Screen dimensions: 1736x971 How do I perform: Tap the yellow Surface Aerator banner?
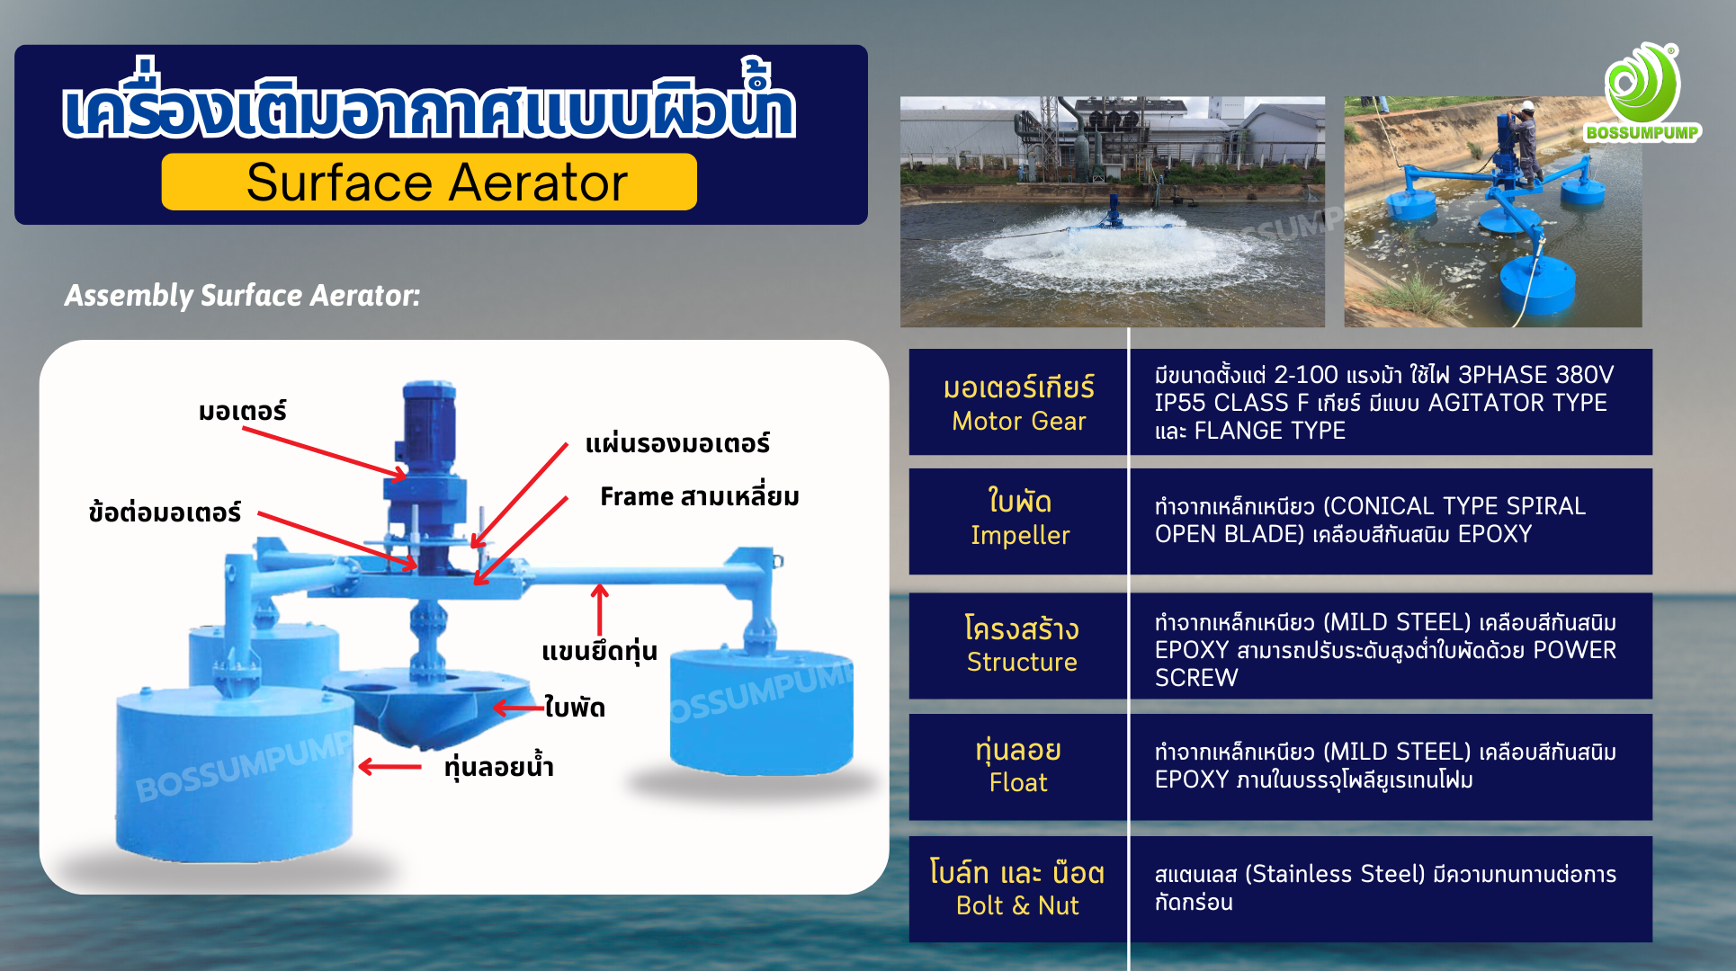pos(429,182)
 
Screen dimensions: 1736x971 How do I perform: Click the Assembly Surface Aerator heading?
pos(242,295)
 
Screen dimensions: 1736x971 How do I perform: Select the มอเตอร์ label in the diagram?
pos(243,411)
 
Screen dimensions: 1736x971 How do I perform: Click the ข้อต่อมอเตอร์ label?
pos(165,512)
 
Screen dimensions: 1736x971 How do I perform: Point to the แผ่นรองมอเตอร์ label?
pos(677,442)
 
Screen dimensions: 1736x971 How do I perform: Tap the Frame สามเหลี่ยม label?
pos(700,495)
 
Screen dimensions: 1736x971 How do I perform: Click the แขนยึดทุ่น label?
pos(599,650)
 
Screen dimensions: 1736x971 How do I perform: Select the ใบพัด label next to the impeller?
pos(575,707)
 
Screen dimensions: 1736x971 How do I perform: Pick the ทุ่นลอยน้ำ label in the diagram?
pos(499,766)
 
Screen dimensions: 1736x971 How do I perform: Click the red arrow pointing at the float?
pos(389,767)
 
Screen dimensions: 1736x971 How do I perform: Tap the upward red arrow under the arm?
pos(600,610)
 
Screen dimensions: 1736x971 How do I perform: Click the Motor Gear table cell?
pos(1018,402)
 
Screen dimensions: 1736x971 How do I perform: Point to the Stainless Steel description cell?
pos(1391,889)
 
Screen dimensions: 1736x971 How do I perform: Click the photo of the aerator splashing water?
pos(1113,211)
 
